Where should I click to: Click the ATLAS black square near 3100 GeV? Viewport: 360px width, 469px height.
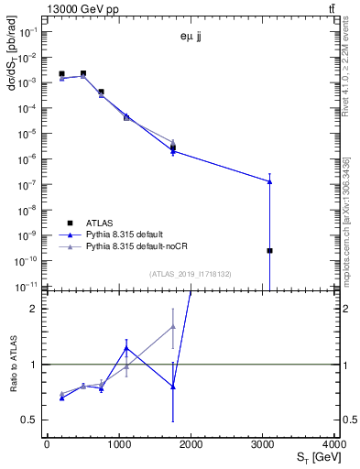269,250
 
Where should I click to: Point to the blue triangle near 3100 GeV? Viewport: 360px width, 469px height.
269,181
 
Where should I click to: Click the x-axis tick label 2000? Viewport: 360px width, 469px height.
191,445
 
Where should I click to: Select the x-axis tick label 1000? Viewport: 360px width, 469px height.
119,445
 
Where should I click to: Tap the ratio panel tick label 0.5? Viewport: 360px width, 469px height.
31,420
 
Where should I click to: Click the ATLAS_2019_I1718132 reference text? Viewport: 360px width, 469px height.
192,273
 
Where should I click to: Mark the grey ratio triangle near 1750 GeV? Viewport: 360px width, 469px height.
173,326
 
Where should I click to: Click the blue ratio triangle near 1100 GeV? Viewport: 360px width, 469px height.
126,348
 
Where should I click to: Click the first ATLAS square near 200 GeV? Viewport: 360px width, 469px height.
61,74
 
